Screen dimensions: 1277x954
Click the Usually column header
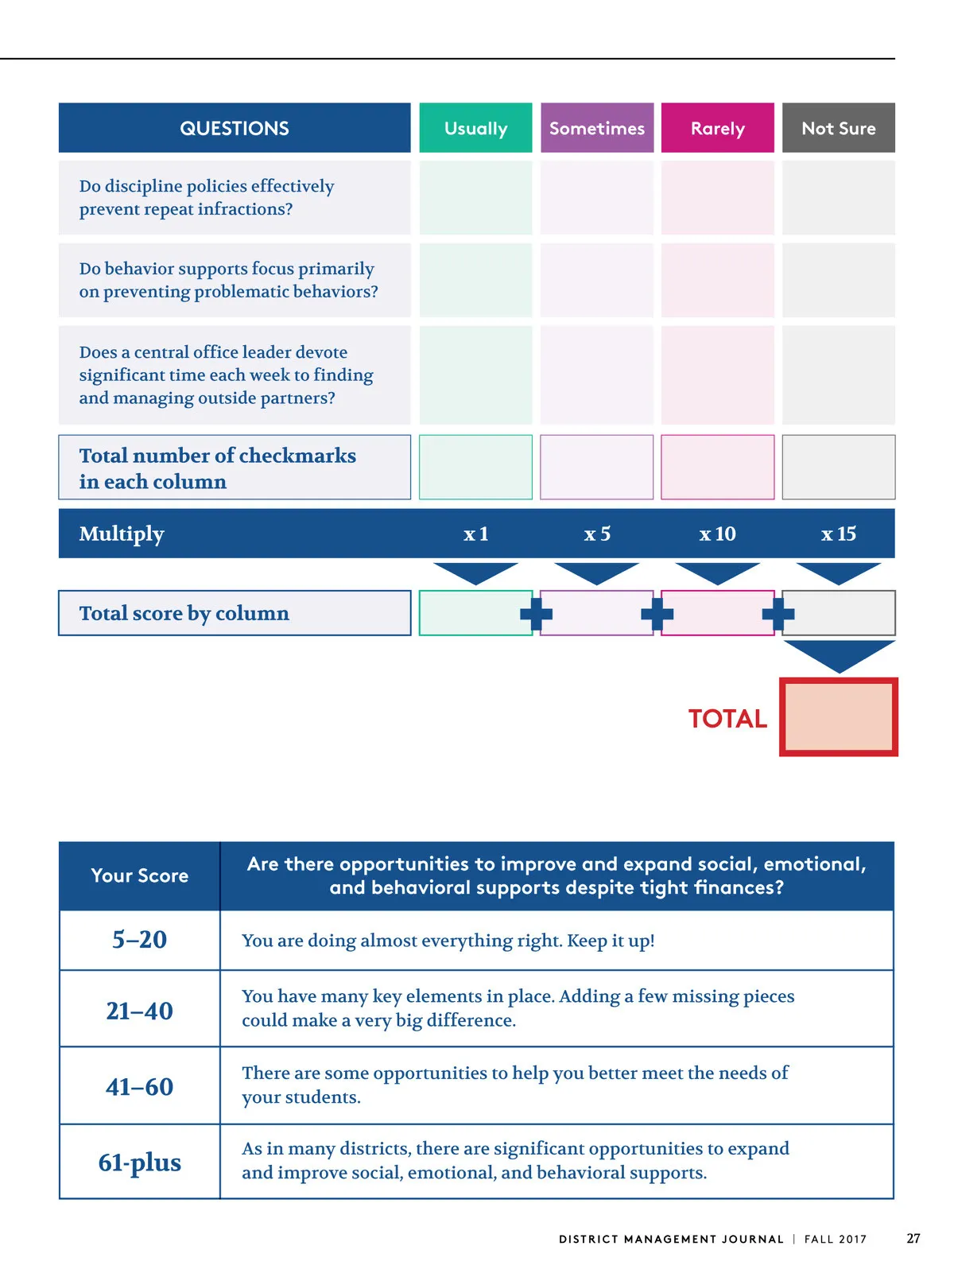coord(475,128)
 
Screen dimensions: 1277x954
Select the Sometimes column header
coord(597,128)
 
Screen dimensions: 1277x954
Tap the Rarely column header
coord(718,128)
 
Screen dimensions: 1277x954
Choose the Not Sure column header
coord(839,128)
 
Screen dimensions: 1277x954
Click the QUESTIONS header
coord(235,128)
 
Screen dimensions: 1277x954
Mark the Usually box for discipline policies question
coord(475,198)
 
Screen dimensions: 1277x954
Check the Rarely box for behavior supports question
coord(718,281)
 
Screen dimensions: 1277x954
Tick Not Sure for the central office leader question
coord(839,375)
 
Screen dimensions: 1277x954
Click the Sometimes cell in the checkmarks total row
coord(597,468)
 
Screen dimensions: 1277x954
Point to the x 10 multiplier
coord(718,534)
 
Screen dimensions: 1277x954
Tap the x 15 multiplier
coord(839,534)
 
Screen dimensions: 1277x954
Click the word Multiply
coord(122,534)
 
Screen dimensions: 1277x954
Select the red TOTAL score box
coord(839,717)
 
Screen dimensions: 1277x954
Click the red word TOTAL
coord(727,719)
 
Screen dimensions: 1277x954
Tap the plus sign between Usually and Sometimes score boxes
coord(537,614)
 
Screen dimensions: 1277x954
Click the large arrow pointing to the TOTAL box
coord(839,655)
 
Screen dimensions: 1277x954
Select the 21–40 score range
coord(140,1011)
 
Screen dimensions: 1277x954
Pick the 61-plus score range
coord(140,1162)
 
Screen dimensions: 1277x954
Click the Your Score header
coord(140,875)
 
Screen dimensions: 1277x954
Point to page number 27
coord(913,1239)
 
